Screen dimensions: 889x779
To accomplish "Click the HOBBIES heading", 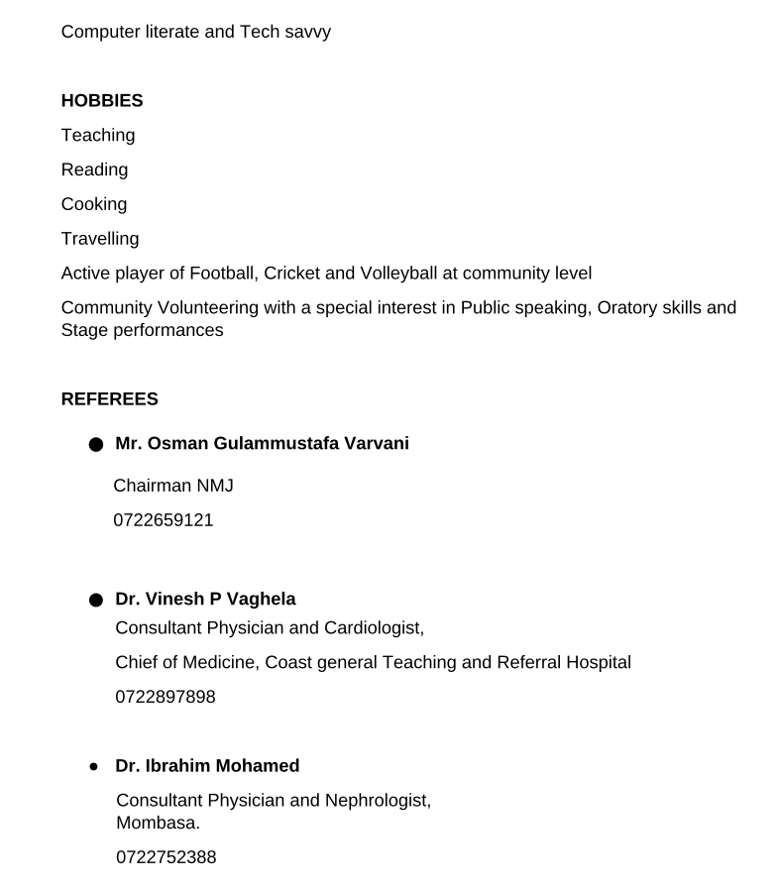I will coord(102,101).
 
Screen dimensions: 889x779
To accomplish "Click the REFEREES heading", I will coord(109,399).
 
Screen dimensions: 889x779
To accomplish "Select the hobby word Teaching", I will coord(98,136).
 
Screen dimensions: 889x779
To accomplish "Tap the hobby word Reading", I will coord(94,169).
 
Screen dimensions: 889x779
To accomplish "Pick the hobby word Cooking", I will coord(94,204).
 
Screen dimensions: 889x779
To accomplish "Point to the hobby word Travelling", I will coord(100,239).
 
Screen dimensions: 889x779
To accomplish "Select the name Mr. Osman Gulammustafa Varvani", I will coord(262,444).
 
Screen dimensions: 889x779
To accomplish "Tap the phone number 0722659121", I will coord(164,520).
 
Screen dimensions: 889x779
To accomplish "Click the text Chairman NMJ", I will coord(173,486).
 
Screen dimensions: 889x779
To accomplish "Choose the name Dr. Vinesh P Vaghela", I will coord(205,600).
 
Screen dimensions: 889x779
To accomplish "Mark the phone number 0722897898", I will coord(166,697).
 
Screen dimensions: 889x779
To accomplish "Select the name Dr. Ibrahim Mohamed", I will coord(207,766).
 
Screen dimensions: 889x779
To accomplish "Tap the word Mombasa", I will coord(158,823).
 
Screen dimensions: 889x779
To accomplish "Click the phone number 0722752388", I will coord(166,857).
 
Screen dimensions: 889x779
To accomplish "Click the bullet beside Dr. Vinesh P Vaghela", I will coord(95,601).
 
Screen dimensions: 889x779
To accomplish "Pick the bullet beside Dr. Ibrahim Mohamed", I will coord(94,767).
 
